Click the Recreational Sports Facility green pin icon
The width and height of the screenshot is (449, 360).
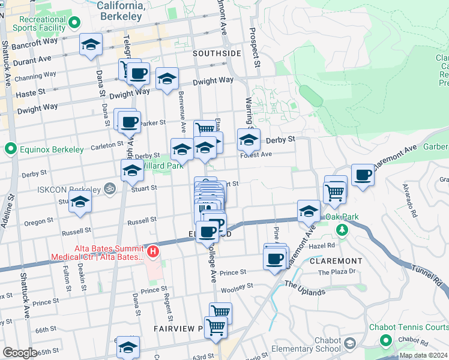click(75, 23)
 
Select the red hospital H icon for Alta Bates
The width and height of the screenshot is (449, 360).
click(153, 250)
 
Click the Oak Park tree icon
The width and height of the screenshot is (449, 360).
click(342, 230)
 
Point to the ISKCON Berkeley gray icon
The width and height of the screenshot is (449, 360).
click(109, 188)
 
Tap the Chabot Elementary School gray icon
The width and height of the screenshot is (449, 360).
click(350, 343)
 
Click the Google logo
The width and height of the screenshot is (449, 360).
click(19, 353)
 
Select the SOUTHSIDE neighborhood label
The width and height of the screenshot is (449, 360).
click(217, 53)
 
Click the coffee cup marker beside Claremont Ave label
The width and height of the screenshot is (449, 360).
click(363, 175)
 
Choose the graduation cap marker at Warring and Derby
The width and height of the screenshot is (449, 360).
click(249, 140)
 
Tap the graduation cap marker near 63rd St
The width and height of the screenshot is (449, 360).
click(128, 347)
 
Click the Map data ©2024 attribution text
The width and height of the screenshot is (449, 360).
click(423, 355)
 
